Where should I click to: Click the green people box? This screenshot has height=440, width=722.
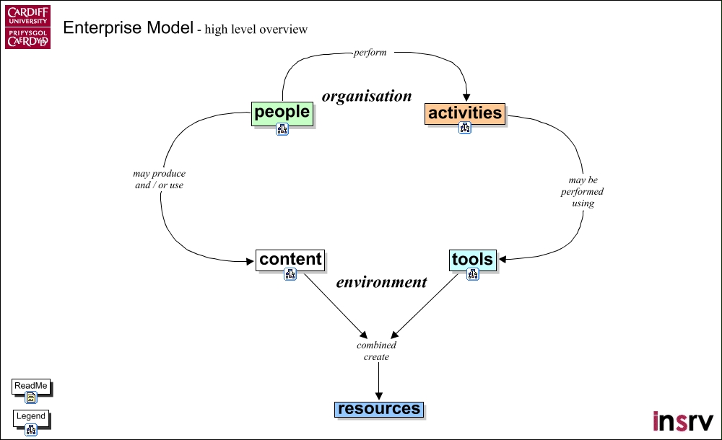282,113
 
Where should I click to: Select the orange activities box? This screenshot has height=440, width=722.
464,114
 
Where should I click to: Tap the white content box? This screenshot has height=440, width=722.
290,260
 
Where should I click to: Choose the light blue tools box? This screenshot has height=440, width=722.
473,260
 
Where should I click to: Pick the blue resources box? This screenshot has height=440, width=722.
379,409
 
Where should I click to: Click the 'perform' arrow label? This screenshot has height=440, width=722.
370,53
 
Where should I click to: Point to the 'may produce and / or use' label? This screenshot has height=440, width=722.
160,179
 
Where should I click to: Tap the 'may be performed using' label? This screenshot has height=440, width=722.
582,191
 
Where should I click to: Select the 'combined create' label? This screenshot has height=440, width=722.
377,351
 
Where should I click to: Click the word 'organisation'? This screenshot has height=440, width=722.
367,96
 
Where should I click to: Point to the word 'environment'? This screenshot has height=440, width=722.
382,282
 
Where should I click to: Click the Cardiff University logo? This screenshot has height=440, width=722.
28,27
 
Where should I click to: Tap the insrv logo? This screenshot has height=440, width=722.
683,421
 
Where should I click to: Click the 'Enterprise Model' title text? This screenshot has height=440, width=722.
128,28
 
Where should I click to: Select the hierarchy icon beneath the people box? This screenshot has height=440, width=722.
282,129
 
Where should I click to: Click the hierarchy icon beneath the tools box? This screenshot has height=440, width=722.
473,274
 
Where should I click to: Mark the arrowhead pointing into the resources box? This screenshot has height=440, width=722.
379,396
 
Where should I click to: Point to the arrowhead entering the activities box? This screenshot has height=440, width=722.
466,97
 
